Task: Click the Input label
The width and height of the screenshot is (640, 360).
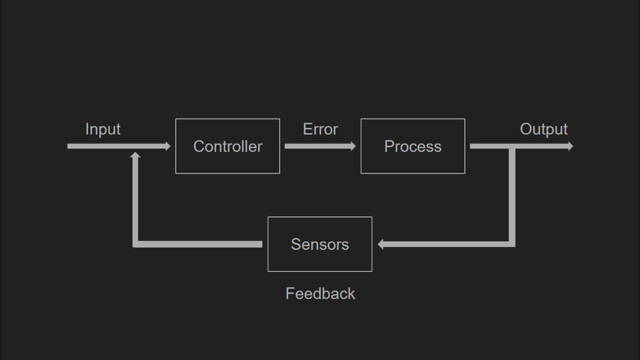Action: [x=102, y=129]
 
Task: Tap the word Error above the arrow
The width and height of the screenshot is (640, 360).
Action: [x=320, y=129]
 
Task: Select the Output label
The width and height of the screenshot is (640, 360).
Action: [x=543, y=129]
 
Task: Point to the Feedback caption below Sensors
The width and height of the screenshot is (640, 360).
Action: [x=320, y=294]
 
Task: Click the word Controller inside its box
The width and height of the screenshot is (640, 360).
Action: [x=227, y=146]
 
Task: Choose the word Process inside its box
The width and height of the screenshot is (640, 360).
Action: [x=412, y=146]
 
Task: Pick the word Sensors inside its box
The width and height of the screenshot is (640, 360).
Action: [x=319, y=244]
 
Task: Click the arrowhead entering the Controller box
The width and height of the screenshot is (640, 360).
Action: [x=167, y=146]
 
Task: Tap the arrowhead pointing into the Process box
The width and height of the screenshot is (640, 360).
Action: [x=353, y=146]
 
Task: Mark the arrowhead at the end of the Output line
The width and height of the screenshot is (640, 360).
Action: [x=569, y=146]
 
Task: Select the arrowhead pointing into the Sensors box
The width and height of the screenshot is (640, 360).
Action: [x=381, y=244]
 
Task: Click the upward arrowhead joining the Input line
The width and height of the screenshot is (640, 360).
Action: [x=135, y=154]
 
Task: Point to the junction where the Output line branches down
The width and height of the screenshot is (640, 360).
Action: [x=512, y=147]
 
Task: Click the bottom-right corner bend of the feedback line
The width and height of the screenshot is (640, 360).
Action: [x=512, y=244]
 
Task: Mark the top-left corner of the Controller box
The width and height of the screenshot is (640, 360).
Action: [x=176, y=119]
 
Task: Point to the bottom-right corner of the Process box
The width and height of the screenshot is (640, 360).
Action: [x=464, y=173]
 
